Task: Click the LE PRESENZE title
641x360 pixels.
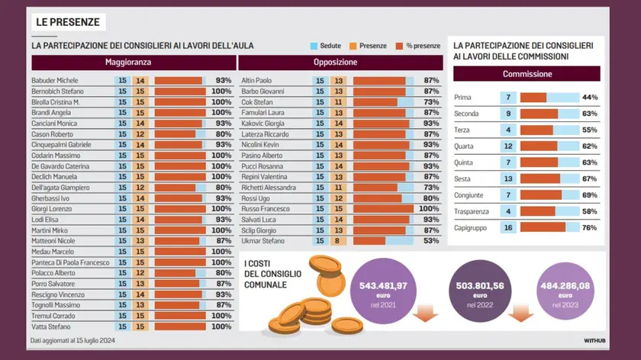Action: coord(67,22)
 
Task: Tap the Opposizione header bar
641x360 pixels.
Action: coord(340,63)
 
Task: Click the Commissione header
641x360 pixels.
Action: coord(527,74)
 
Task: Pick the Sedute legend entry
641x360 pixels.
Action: coord(326,46)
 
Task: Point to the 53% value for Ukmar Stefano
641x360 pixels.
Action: coord(431,240)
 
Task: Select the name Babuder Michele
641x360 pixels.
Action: coord(55,80)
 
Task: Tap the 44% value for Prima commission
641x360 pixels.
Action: coord(588,98)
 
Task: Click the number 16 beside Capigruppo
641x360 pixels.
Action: coord(508,227)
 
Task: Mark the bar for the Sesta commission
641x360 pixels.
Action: coord(540,178)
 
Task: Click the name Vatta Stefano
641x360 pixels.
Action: coord(50,326)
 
